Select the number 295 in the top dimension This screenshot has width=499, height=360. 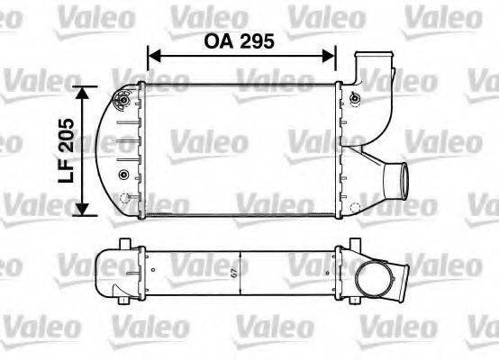(x=258, y=40)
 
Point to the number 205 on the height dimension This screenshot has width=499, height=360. (x=65, y=135)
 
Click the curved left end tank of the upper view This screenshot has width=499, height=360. (x=119, y=149)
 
